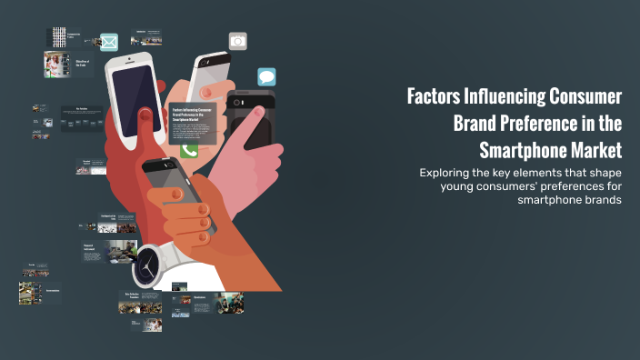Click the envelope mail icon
(x=109, y=42)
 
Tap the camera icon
(x=237, y=41)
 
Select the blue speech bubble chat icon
(x=266, y=77)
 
